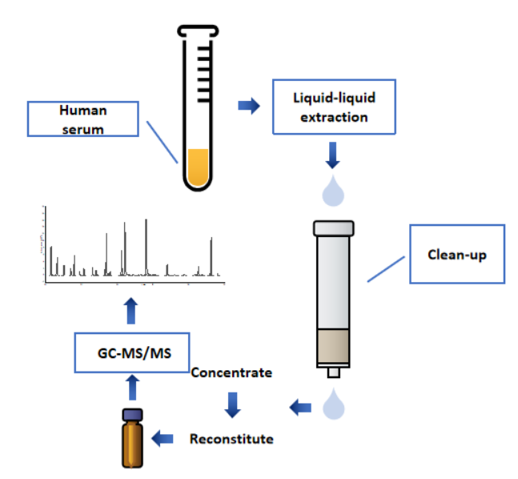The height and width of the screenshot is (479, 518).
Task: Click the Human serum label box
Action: (83, 119)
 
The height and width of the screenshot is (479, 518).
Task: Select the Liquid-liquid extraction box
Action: (335, 107)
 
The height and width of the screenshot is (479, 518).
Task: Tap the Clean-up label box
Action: (457, 254)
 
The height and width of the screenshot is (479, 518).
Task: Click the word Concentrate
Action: (231, 372)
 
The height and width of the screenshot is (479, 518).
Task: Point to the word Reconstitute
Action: (231, 439)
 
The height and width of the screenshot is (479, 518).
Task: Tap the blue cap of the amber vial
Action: (132, 415)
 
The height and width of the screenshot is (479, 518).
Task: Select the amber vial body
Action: (132, 443)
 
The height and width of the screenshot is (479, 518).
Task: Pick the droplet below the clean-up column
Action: (334, 404)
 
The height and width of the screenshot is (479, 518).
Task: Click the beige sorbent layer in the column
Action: (334, 346)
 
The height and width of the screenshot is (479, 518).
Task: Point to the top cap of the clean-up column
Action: (334, 227)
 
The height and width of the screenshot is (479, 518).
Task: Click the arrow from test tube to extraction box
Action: (249, 105)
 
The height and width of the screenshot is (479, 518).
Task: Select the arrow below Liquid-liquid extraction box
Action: (334, 153)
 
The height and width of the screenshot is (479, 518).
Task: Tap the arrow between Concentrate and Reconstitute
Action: (232, 405)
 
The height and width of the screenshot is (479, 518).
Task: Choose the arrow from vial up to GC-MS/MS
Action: (132, 389)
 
